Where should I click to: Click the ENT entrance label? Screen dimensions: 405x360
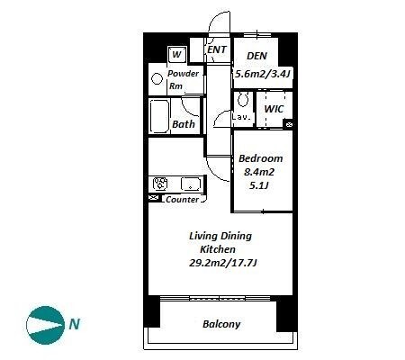click(217, 49)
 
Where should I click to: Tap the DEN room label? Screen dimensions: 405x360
click(256, 56)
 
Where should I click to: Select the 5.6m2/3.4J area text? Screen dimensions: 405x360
click(263, 74)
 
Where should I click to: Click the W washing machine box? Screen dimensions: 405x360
click(177, 54)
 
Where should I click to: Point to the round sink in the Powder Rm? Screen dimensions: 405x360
click(157, 79)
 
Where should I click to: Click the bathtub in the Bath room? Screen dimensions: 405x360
click(159, 116)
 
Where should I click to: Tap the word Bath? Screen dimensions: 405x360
click(184, 124)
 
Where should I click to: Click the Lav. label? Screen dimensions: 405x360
click(241, 117)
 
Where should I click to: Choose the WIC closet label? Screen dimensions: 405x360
click(274, 109)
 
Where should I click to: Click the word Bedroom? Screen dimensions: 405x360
click(260, 158)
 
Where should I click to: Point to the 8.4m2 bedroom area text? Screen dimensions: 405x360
click(259, 172)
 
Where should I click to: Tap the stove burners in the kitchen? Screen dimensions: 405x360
click(160, 184)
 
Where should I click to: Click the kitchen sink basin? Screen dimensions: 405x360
click(191, 184)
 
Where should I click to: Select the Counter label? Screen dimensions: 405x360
click(182, 200)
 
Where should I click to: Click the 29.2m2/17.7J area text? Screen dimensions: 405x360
click(223, 263)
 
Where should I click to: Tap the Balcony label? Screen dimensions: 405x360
click(221, 324)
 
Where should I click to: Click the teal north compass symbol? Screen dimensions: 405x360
click(45, 325)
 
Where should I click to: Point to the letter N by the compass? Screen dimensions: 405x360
click(75, 324)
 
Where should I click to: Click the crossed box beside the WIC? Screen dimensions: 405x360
click(289, 124)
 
